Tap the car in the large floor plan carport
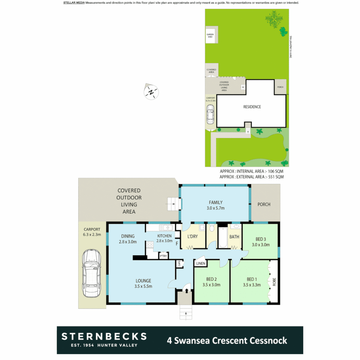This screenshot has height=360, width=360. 92,273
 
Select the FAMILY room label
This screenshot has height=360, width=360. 216,202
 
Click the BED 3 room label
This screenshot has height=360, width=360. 260,239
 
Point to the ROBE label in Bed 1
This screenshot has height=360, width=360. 274,282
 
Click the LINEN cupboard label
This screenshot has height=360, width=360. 201,264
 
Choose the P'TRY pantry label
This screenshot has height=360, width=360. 163,256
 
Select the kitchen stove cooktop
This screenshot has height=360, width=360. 150,246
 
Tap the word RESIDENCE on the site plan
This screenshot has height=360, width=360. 252,107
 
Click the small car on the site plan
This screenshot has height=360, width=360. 210,114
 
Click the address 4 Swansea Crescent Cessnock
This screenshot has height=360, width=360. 227,341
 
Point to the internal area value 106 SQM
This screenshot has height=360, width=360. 275,171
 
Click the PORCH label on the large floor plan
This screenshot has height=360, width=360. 264,204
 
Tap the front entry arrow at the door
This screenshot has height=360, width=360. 187,291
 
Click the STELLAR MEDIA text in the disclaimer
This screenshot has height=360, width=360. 74,3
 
